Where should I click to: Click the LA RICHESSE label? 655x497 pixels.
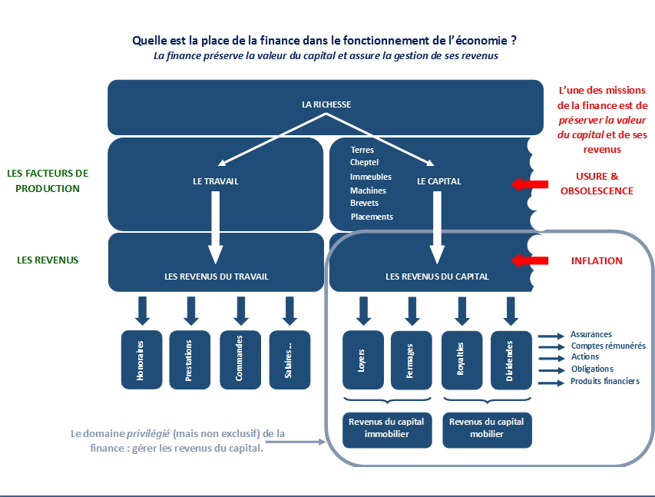click(326, 104)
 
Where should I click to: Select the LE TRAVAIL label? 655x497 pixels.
click(216, 181)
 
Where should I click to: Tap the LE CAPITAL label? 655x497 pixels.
click(439, 181)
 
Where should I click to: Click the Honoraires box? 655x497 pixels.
click(141, 360)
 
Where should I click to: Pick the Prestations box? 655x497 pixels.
click(190, 360)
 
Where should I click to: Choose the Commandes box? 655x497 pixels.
click(240, 360)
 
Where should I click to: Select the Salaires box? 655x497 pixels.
click(290, 360)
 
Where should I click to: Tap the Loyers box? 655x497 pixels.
click(363, 360)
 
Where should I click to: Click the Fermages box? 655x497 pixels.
click(412, 360)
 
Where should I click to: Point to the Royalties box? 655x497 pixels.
click(462, 360)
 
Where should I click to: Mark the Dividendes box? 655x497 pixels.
click(511, 360)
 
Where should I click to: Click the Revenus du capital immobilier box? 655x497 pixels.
click(387, 430)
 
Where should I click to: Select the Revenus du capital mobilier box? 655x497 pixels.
click(487, 430)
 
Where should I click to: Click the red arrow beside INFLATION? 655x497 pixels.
click(530, 260)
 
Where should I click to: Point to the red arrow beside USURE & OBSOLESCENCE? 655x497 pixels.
click(530, 184)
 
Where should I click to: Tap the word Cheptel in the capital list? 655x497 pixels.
click(364, 162)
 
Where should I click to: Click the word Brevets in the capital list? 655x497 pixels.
click(364, 203)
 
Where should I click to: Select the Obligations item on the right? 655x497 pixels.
click(592, 369)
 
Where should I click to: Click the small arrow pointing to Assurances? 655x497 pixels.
click(551, 336)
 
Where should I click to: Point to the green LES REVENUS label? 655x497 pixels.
click(48, 260)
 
